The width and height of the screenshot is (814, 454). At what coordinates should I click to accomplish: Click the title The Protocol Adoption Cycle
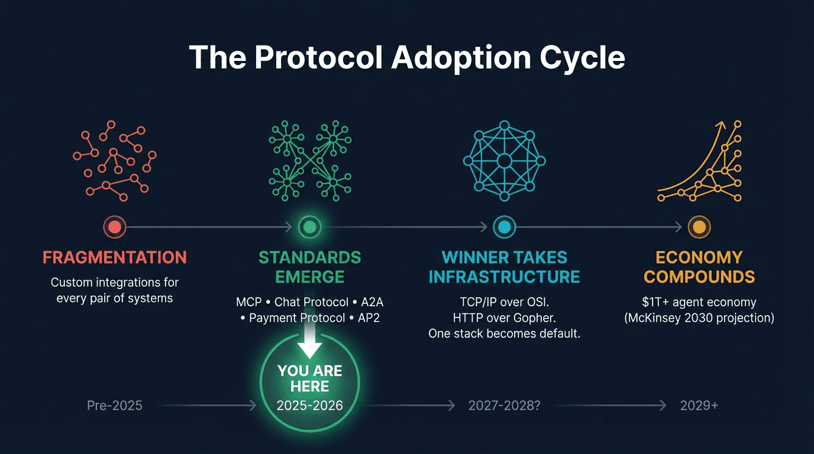coord(407,58)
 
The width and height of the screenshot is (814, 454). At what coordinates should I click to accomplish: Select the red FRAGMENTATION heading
coord(115,258)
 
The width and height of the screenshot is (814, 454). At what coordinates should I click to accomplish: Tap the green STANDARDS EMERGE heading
coord(309,267)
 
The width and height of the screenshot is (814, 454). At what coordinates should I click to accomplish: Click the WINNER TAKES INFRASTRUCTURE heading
coord(504,267)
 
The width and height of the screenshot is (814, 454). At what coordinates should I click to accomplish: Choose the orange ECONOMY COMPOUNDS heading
coord(699,267)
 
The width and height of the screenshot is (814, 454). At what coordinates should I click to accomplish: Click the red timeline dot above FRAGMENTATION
coord(115,226)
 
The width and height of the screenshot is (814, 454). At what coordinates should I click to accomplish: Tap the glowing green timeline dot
coord(309,226)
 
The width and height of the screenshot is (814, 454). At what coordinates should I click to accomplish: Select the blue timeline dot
coord(504,226)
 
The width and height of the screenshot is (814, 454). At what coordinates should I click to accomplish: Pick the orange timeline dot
coord(699,226)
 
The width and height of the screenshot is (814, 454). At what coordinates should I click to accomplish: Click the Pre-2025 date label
coord(115,406)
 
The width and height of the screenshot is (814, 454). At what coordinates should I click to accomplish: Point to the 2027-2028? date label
coord(504,406)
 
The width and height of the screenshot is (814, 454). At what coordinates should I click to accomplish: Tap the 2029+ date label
coord(699,406)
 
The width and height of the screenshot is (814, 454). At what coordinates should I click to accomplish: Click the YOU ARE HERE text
coord(309,379)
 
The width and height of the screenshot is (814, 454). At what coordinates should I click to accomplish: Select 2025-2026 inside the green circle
coord(309,406)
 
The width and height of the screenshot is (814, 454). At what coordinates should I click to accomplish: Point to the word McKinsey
coord(656,318)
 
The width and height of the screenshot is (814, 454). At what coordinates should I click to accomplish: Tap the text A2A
coord(372,302)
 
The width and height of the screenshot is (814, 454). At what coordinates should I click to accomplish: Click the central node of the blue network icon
coord(504,161)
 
